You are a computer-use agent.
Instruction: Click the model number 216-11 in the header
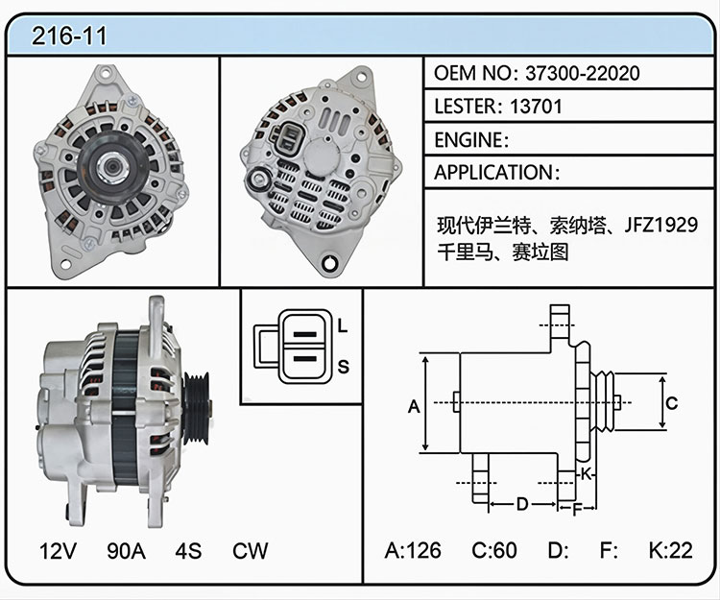[x=69, y=36]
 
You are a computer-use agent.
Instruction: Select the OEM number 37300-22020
[x=583, y=73]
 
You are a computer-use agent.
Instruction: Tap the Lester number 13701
[x=536, y=106]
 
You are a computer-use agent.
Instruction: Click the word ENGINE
[x=468, y=139]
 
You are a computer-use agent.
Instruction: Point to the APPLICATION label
[x=493, y=173]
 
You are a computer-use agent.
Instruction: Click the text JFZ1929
[x=660, y=225]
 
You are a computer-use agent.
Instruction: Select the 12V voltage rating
[x=58, y=551]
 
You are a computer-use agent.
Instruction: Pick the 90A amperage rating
[x=127, y=551]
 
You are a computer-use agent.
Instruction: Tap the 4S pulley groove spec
[x=188, y=551]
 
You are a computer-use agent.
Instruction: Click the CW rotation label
[x=251, y=551]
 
